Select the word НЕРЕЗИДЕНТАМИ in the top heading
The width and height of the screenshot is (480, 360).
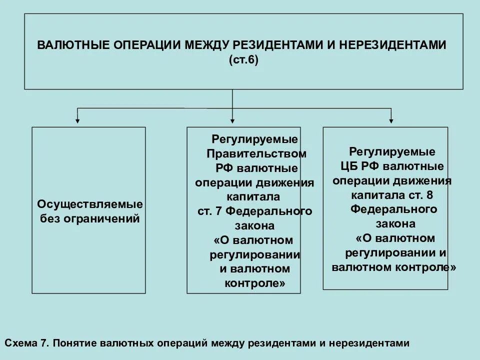[x=393, y=44]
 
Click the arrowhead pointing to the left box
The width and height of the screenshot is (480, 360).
[x=77, y=119]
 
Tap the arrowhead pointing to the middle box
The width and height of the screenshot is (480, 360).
[x=232, y=119]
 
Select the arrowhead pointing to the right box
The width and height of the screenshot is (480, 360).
[x=391, y=119]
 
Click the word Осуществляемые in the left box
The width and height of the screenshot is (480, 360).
[x=90, y=204]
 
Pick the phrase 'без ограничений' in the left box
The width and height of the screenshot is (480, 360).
[x=90, y=219]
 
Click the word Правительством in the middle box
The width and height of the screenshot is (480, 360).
[x=256, y=153]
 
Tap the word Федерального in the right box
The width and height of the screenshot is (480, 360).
[x=393, y=208]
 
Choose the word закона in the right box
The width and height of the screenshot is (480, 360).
[x=393, y=222]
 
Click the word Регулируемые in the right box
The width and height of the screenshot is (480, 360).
[x=392, y=151]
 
